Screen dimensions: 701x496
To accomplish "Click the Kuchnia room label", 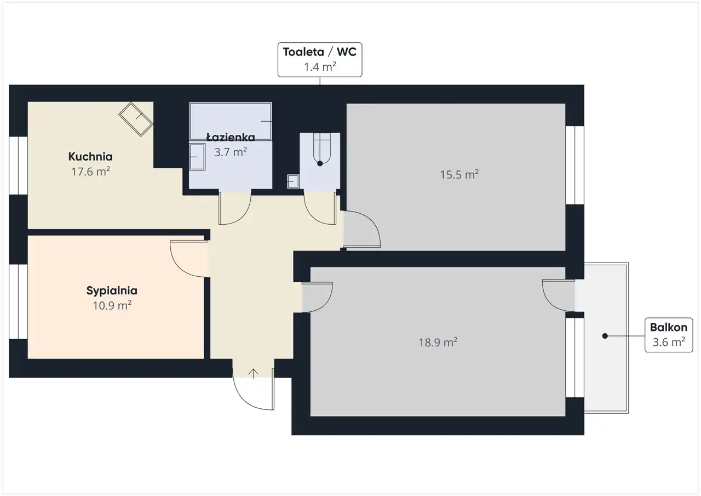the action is [x=90, y=157].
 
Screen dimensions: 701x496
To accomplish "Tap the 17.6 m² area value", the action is [x=91, y=172].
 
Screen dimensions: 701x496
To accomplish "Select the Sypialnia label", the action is [x=112, y=291].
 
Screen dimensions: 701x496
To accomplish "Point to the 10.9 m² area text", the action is [x=112, y=305].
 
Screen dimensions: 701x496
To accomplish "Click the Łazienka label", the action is [x=231, y=137].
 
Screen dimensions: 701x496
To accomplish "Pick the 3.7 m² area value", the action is [x=231, y=152].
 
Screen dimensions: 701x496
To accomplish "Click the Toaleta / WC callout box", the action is [x=320, y=60].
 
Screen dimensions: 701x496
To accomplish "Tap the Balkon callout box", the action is [x=669, y=335].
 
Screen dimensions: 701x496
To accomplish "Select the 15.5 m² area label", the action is [x=459, y=174].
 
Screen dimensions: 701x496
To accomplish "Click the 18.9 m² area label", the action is [x=438, y=342].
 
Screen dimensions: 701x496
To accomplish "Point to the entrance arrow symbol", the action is [x=253, y=374].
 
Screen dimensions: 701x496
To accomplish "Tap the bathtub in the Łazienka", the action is [x=231, y=121].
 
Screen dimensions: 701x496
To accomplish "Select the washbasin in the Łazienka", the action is [x=197, y=157].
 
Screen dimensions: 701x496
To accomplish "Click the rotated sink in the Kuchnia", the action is [x=135, y=119].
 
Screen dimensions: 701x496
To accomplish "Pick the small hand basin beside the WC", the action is [x=293, y=181].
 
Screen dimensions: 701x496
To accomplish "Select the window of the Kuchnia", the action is [x=18, y=166].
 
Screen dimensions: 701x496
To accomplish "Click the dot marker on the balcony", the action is [x=605, y=336].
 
